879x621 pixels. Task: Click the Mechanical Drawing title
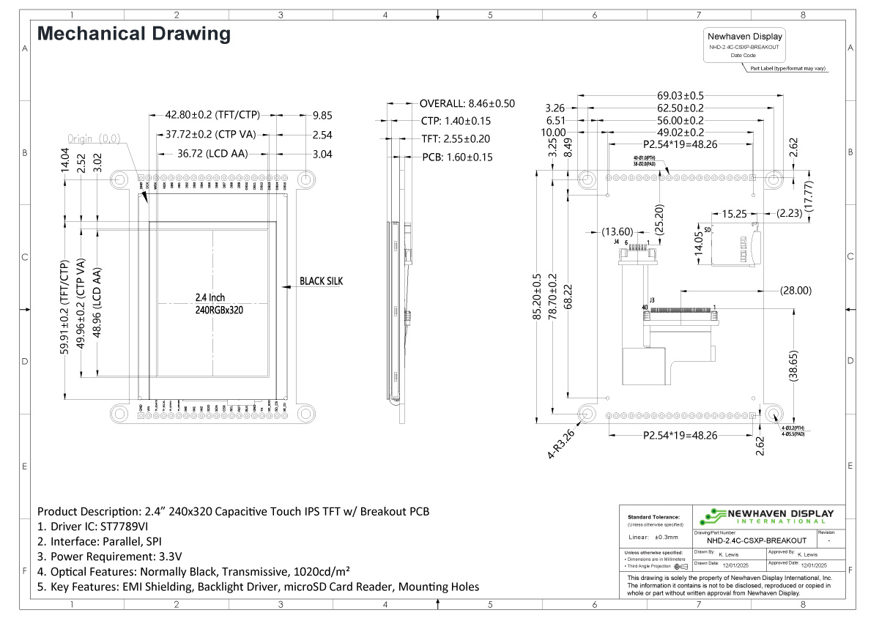[x=133, y=34]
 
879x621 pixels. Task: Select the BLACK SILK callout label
[x=321, y=280]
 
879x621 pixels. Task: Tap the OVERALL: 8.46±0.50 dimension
[x=467, y=103]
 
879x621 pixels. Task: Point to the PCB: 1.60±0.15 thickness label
[x=457, y=157]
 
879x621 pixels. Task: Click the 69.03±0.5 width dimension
[x=680, y=95]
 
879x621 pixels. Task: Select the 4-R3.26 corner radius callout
[x=561, y=444]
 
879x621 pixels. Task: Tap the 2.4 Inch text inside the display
[x=211, y=297]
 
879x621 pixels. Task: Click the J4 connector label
[x=617, y=241]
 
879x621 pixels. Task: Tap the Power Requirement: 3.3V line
[x=109, y=556]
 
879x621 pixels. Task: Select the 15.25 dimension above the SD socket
[x=734, y=214]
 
